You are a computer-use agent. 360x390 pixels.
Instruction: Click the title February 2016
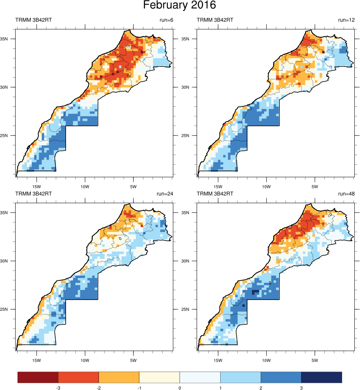click(179, 6)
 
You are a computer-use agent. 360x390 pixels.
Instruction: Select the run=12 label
click(346, 20)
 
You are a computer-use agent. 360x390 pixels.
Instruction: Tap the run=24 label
click(165, 194)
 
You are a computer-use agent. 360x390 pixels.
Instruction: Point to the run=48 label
click(346, 194)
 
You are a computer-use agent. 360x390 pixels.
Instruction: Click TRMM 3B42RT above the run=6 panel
click(33, 20)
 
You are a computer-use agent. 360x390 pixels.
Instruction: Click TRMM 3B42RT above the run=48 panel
click(215, 194)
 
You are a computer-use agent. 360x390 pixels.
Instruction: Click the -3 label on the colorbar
click(58, 388)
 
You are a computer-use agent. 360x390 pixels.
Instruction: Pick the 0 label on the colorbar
click(179, 388)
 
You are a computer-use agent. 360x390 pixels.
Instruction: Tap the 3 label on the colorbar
click(301, 388)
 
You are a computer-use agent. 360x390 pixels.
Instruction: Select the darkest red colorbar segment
click(38, 377)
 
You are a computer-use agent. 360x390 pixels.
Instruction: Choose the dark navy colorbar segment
click(322, 377)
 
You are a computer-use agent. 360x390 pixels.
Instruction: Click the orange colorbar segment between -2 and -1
click(119, 377)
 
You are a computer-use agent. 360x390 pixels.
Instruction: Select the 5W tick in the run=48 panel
click(315, 360)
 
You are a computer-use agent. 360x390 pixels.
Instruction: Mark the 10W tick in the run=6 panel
click(85, 186)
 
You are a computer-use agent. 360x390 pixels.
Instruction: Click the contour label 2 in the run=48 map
click(270, 283)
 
